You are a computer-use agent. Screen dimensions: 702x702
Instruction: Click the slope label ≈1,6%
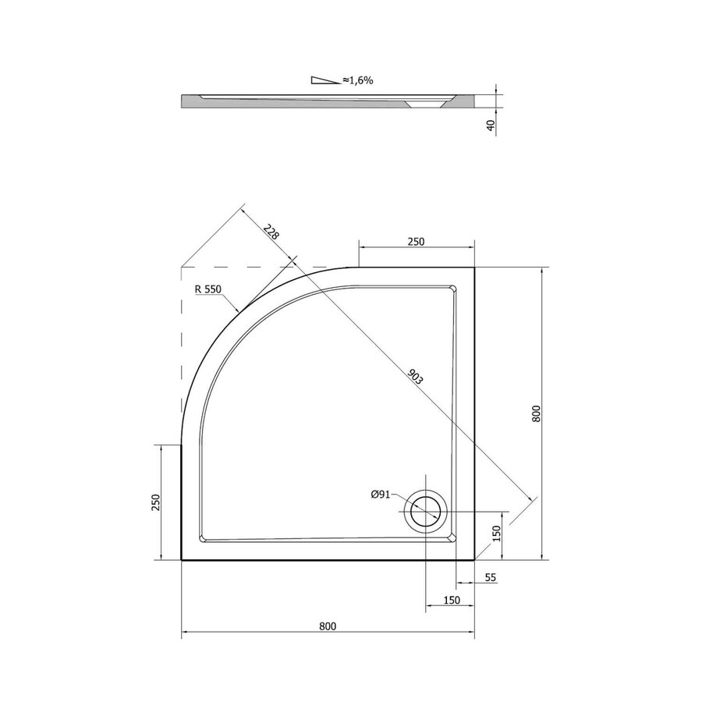[358, 80]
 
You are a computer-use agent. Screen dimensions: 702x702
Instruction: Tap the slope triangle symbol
[326, 80]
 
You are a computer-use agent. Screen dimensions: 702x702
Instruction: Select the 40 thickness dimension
[491, 125]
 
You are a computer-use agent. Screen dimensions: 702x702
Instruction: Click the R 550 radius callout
[208, 289]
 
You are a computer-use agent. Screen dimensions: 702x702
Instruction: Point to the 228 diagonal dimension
[271, 232]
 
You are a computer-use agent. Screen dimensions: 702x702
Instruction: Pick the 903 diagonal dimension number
[415, 377]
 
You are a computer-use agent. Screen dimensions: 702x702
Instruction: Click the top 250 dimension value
[416, 242]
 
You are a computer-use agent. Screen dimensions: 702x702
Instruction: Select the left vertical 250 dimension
[155, 502]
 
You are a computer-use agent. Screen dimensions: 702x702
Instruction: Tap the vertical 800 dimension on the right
[537, 413]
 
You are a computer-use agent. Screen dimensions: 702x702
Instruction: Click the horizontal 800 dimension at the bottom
[328, 626]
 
